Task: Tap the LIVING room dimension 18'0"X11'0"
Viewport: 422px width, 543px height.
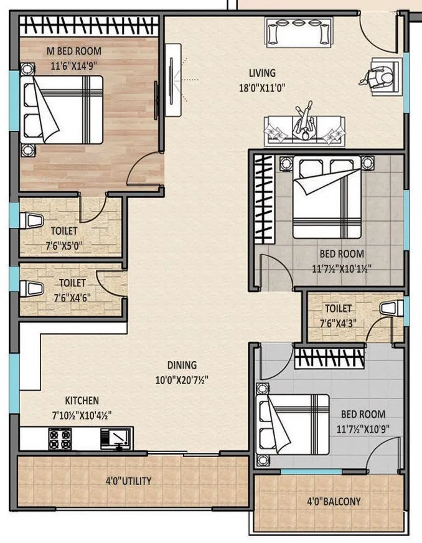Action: click(x=262, y=88)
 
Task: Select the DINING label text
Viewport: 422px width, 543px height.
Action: click(x=181, y=365)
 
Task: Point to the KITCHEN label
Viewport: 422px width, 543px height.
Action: click(x=82, y=400)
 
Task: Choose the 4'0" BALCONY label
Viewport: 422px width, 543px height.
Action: click(x=334, y=501)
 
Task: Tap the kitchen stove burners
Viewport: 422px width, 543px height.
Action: click(x=60, y=438)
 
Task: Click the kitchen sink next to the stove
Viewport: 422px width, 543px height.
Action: click(x=118, y=438)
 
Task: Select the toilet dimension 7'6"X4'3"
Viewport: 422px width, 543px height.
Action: click(x=337, y=323)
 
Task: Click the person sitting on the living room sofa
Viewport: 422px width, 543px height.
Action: click(x=303, y=122)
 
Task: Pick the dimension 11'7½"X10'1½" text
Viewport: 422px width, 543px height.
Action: click(x=342, y=269)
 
